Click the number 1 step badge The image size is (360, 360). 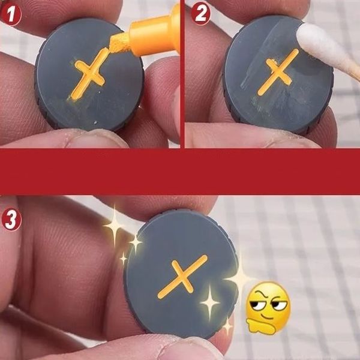point(11,15)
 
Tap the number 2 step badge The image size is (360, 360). point(200,14)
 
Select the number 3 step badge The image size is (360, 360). point(11,219)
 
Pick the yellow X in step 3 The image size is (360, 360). point(182,277)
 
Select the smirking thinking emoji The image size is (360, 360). point(268,308)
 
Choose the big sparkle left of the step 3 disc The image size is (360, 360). point(114,226)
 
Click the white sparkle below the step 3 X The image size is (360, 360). point(209,302)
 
